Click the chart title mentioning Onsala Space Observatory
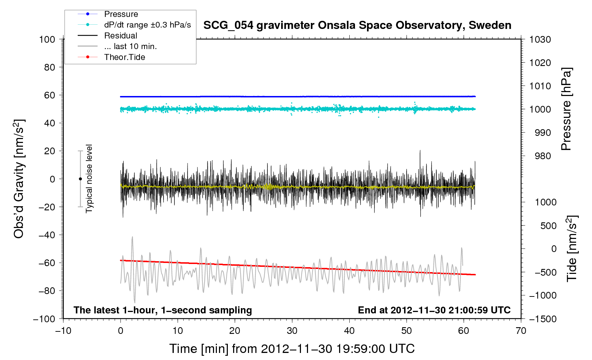point(357,25)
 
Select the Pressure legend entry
point(121,14)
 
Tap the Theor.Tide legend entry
point(124,57)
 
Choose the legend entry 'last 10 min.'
point(130,46)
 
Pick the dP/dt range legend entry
point(147,25)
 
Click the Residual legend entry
point(120,36)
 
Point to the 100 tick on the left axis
point(47,39)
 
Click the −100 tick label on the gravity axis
point(44,319)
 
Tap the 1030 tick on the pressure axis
point(540,40)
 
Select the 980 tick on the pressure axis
point(540,156)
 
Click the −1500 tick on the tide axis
point(543,319)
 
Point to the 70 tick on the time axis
point(521,331)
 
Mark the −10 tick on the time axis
point(63,331)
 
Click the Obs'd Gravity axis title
point(19,179)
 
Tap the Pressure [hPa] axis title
point(566,109)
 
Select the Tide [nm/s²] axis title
point(572,248)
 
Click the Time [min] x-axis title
point(292,349)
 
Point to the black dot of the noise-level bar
point(80,179)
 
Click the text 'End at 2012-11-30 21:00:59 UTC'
point(434,310)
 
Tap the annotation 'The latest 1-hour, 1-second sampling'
point(163,310)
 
